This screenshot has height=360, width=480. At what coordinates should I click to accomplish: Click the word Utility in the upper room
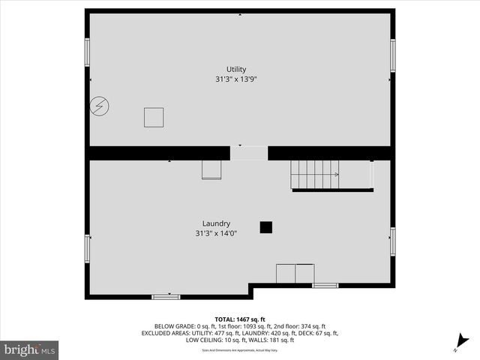coord(236,69)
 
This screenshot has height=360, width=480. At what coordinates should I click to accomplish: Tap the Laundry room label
coord(216,223)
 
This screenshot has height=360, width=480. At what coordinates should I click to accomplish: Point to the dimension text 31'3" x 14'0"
coord(216,233)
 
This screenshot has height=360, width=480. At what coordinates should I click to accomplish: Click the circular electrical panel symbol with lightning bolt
coord(99,106)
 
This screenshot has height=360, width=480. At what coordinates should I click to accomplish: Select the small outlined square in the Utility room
coord(154,117)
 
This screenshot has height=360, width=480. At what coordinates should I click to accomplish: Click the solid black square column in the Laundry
coord(265,226)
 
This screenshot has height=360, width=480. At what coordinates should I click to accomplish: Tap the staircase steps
coord(313,174)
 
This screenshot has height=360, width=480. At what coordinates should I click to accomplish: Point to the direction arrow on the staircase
coord(335,174)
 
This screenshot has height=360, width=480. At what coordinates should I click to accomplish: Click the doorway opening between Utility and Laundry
coord(248,152)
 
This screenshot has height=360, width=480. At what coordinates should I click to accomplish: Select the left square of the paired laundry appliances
coord(286,273)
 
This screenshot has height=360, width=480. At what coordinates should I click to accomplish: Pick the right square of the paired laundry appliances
coord(304,273)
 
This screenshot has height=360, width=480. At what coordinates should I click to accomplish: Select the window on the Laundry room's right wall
coord(393,241)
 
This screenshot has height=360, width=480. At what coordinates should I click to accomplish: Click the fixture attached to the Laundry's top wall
coord(211,169)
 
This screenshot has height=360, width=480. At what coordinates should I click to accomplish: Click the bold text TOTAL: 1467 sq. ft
coord(240,319)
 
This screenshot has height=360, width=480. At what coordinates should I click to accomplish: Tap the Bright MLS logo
coord(30,349)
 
